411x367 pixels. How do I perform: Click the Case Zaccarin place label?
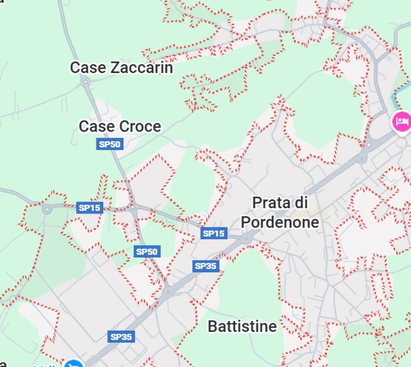(x=121, y=67)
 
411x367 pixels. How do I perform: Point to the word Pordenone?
(x=280, y=222)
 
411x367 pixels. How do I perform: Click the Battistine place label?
(x=242, y=327)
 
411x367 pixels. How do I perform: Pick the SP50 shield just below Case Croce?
(x=110, y=144)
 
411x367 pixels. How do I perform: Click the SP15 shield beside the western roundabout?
(x=90, y=207)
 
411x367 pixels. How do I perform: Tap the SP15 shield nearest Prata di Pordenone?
(x=214, y=233)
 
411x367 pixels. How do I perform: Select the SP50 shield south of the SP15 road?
(x=147, y=251)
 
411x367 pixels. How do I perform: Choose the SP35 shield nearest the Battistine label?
(x=206, y=266)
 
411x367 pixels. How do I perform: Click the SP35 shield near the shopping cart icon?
(x=121, y=337)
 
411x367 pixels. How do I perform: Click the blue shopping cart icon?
(x=74, y=364)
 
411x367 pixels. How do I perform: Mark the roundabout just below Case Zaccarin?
(x=85, y=82)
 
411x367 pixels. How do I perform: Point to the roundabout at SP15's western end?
(x=47, y=209)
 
